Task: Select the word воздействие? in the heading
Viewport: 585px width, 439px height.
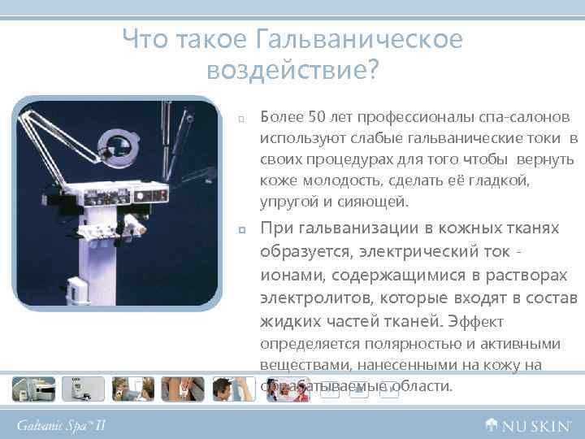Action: point(292,72)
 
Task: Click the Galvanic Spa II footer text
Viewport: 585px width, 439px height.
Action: point(62,425)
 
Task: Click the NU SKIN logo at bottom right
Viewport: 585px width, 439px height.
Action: point(529,424)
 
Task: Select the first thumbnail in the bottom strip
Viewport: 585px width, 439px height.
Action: point(33,389)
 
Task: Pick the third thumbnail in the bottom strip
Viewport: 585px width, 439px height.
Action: point(132,389)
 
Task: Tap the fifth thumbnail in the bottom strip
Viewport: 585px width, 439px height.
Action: point(232,389)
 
